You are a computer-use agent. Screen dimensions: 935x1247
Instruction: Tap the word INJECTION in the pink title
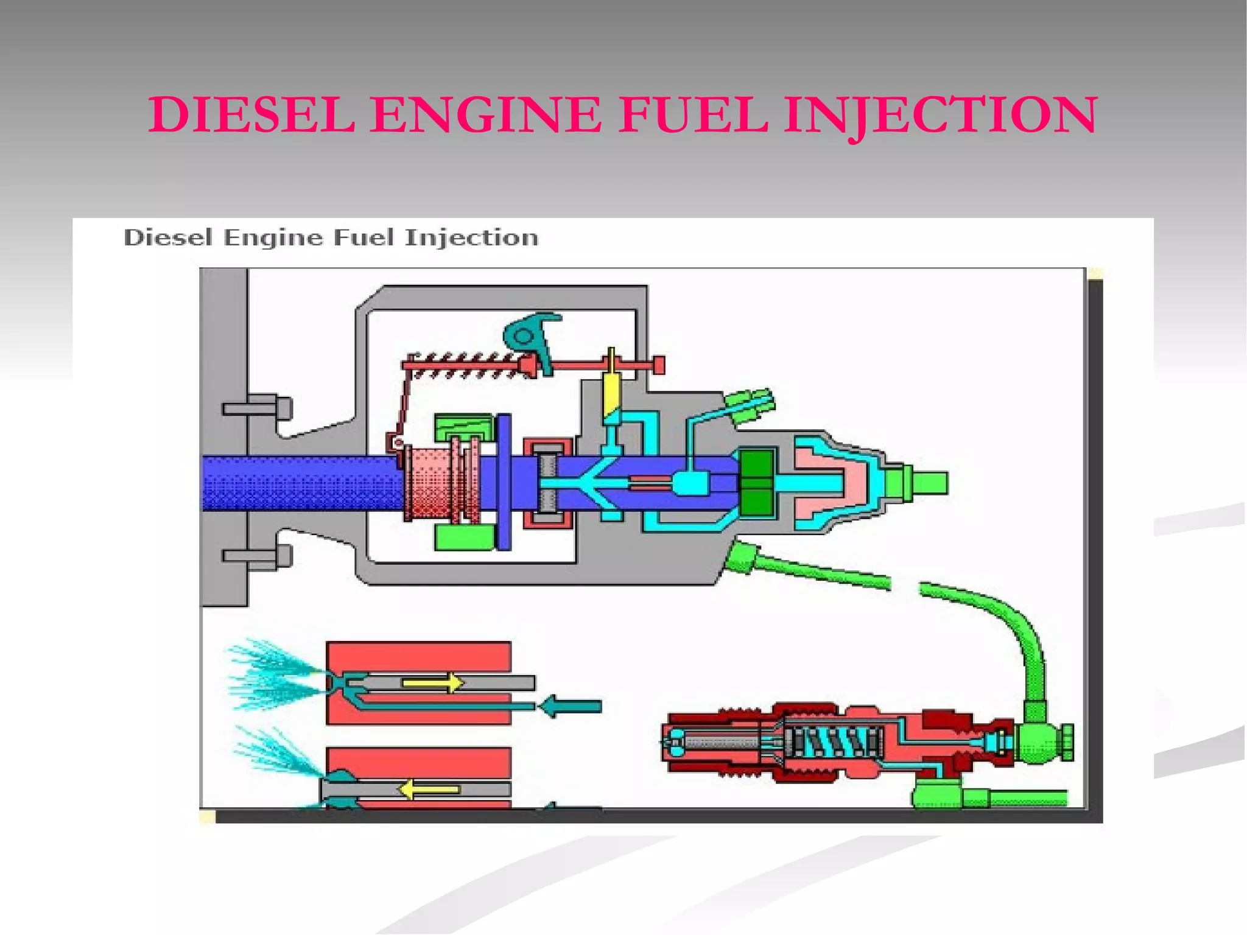coord(940,116)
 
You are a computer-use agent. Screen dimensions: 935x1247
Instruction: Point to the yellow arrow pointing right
coord(434,682)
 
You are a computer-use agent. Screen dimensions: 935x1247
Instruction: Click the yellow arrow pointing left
coord(429,790)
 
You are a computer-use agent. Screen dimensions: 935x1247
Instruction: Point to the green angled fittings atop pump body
coord(750,405)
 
